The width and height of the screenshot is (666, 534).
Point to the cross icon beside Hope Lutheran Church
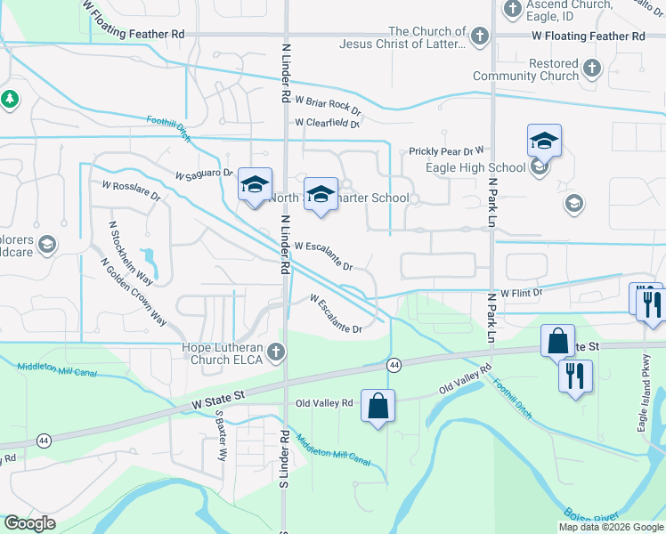[276, 352]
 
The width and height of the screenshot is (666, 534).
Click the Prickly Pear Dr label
[446, 151]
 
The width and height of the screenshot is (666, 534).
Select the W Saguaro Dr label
[204, 174]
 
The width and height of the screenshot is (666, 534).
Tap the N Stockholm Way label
[130, 253]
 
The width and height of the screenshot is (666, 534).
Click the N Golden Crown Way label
[134, 291]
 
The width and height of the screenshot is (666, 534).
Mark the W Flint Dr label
[521, 293]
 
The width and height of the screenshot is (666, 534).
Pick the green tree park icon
[10, 100]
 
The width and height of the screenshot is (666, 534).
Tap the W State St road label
[218, 399]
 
